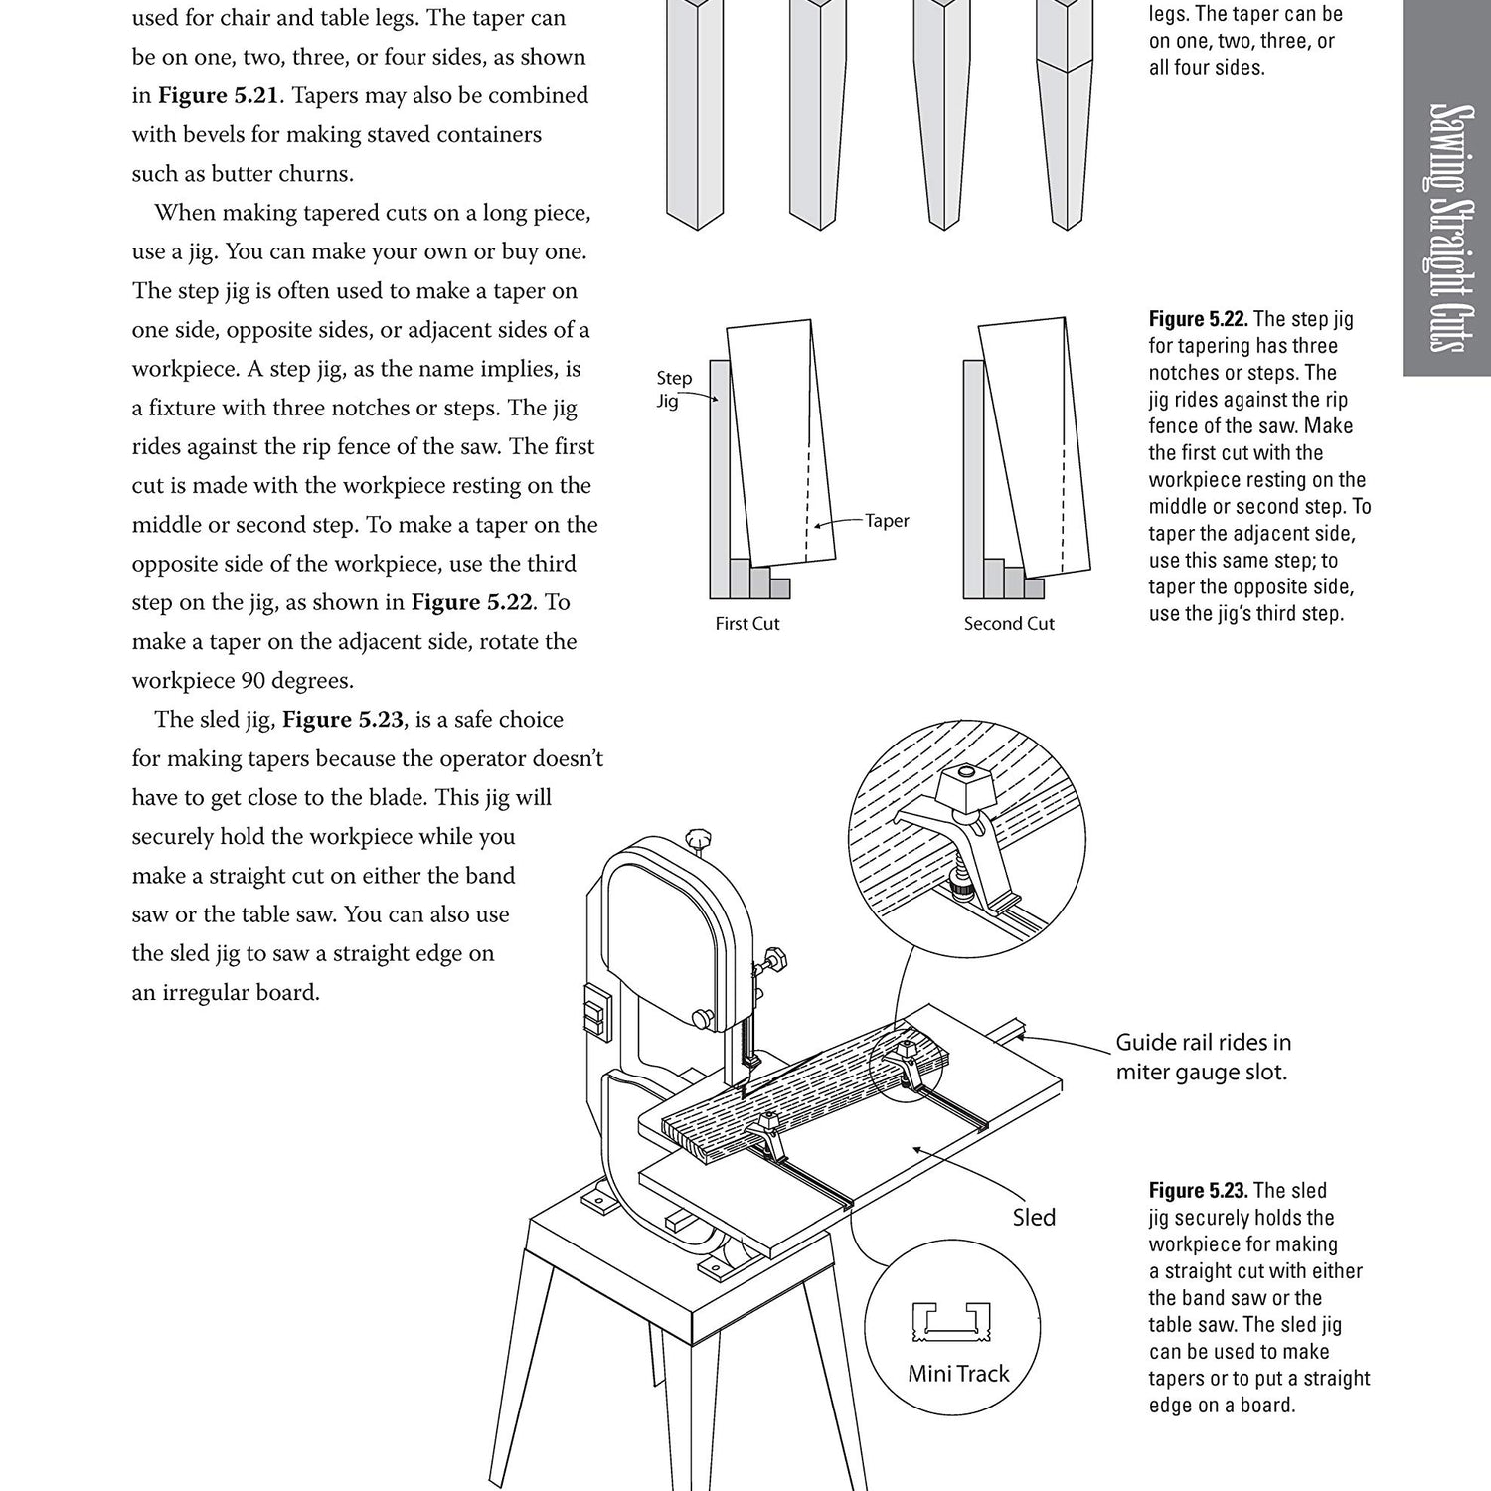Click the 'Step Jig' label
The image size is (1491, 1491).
pos(674,389)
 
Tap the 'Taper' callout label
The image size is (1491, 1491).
pos(886,521)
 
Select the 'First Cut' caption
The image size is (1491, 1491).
pos(747,624)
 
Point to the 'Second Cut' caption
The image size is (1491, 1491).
pos(1009,624)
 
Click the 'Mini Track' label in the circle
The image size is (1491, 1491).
pos(958,1374)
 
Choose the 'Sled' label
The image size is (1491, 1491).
pos(1034,1218)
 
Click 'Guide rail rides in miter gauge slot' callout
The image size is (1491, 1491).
pos(1203,1057)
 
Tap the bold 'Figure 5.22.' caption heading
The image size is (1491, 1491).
pos(1199,319)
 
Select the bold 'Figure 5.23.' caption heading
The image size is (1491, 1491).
pos(1199,1191)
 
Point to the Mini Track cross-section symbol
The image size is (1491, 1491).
pos(951,1319)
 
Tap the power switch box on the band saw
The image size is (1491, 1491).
pos(594,1013)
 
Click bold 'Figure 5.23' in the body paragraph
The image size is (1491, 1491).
pos(343,720)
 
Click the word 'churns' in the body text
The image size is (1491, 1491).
pos(319,174)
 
